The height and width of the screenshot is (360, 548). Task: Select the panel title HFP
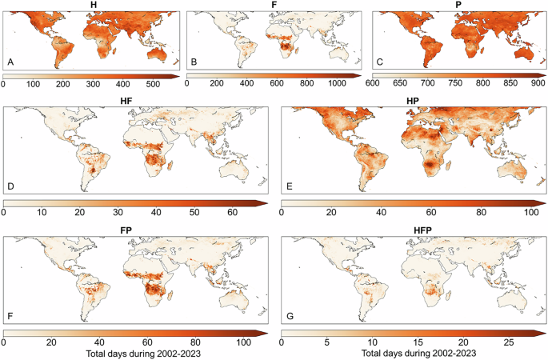(x=410, y=229)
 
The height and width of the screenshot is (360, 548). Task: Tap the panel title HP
(x=410, y=99)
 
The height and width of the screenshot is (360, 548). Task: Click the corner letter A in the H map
(x=11, y=62)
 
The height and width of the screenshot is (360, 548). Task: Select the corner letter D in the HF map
(x=11, y=190)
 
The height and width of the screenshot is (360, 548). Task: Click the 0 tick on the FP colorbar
(x=5, y=342)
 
